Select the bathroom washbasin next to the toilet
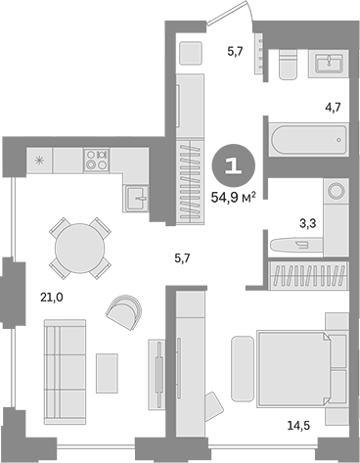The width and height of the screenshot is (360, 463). point(328,63)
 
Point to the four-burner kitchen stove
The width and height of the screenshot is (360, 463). point(97,159)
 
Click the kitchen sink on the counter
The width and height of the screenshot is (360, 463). point(136,199)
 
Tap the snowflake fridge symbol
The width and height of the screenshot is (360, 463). point(39,159)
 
